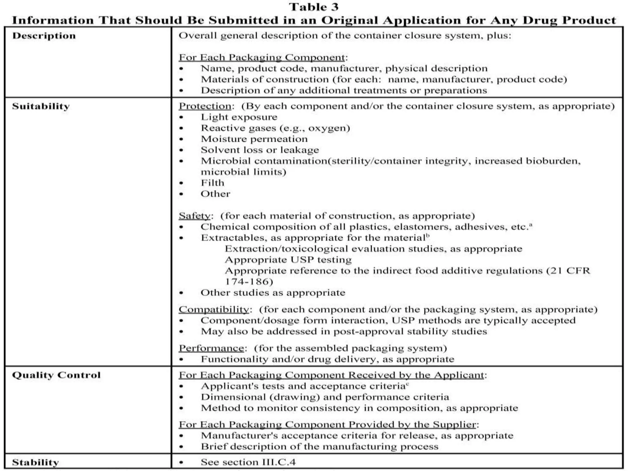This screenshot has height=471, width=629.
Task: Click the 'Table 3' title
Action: tap(314, 7)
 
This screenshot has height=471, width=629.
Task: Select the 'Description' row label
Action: tap(44, 36)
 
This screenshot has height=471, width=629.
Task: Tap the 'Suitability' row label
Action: tap(41, 106)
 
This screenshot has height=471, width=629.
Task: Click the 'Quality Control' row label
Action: tap(56, 375)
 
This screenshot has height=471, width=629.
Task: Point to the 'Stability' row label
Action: tap(35, 462)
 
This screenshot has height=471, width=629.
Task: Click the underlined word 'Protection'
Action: tap(205, 106)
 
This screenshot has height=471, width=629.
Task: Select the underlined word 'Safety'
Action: tap(194, 216)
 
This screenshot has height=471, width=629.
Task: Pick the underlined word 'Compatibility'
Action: tap(214, 309)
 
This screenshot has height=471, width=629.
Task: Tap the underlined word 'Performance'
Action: tap(211, 348)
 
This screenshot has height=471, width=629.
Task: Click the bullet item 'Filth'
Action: tap(212, 183)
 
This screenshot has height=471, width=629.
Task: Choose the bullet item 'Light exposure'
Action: tap(239, 117)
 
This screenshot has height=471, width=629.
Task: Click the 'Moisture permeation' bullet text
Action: tap(254, 139)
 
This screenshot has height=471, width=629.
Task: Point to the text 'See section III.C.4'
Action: tap(248, 462)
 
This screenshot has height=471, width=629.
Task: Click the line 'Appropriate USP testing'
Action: tap(288, 260)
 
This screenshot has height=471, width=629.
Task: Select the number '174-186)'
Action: tap(249, 281)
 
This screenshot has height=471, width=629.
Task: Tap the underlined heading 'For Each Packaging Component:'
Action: tap(263, 57)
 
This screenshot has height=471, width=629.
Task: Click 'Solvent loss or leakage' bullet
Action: tap(260, 150)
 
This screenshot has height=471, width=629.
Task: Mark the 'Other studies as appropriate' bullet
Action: tap(273, 293)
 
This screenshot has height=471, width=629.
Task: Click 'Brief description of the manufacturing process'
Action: tap(319, 446)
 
